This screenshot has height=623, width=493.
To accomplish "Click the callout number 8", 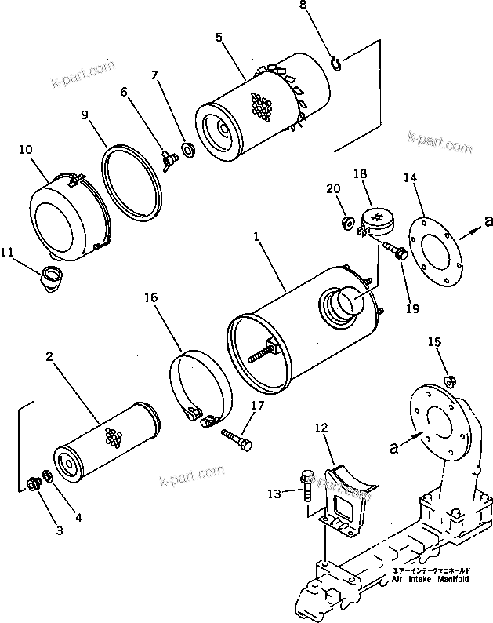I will click(x=326, y=7).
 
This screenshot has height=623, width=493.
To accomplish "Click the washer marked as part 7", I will click(x=188, y=148).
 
